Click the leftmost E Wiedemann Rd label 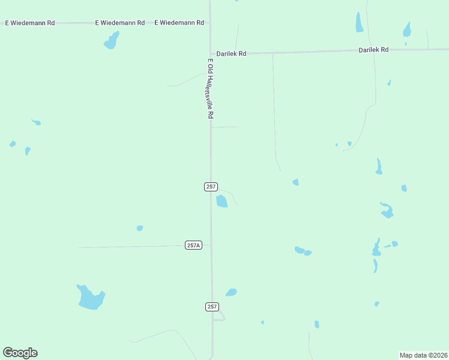pyautogui.click(x=29, y=23)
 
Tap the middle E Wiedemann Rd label pyautogui.click(x=120, y=23)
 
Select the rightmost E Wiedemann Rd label pyautogui.click(x=179, y=23)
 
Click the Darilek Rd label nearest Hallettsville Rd pyautogui.click(x=232, y=53)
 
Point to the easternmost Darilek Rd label pyautogui.click(x=373, y=50)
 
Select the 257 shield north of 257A pyautogui.click(x=211, y=187)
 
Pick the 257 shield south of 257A pyautogui.click(x=211, y=307)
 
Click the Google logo pyautogui.click(x=20, y=353)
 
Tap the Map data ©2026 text pyautogui.click(x=423, y=355)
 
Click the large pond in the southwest pyautogui.click(x=90, y=298)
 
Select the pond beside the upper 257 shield pyautogui.click(x=221, y=202)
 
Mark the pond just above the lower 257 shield pyautogui.click(x=231, y=292)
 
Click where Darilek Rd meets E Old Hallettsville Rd pyautogui.click(x=210, y=53)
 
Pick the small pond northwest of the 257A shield pyautogui.click(x=140, y=228)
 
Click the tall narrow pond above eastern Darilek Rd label pyautogui.click(x=359, y=23)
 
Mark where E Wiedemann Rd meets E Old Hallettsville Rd pyautogui.click(x=209, y=23)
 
